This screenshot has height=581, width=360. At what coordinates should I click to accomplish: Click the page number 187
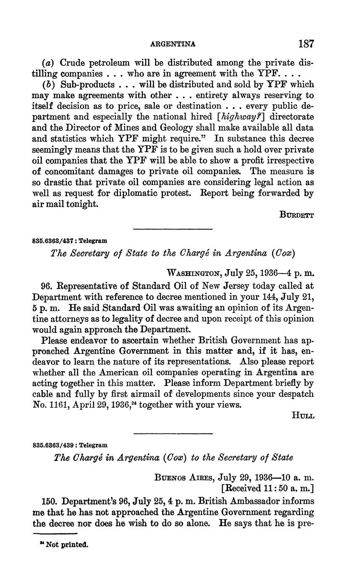coord(306,44)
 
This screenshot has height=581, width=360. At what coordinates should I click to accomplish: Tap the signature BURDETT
coord(297,214)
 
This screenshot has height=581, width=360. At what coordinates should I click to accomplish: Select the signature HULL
coord(303,415)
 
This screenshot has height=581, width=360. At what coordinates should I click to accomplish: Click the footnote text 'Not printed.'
coord(67,544)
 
